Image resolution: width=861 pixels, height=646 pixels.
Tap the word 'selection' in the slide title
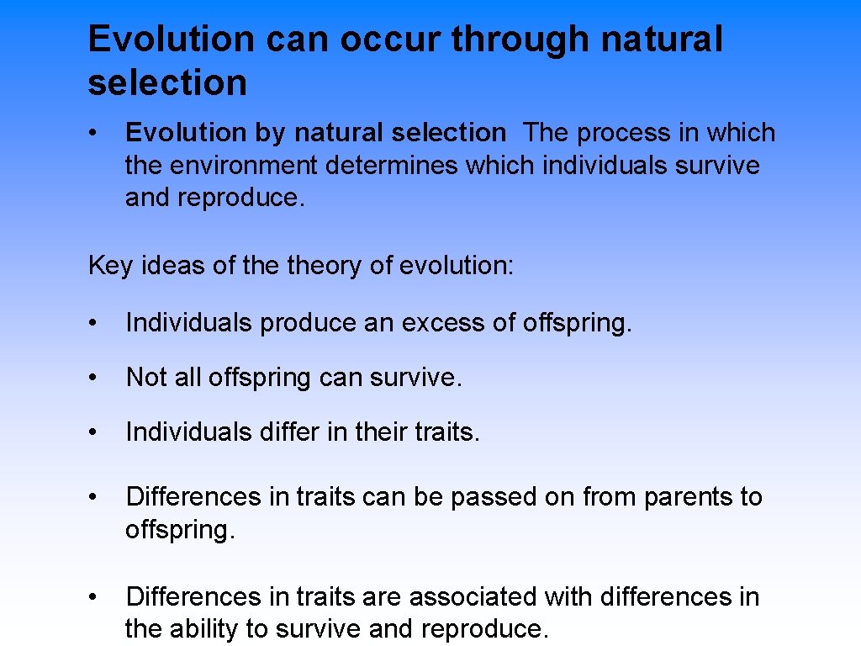pyautogui.click(x=167, y=83)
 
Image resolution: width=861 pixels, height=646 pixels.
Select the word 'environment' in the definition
pyautogui.click(x=246, y=166)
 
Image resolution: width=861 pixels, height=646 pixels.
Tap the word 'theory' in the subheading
pyautogui.click(x=323, y=266)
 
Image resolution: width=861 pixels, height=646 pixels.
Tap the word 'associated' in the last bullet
pyautogui.click(x=473, y=597)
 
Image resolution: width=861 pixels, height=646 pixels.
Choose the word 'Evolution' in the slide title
pyautogui.click(x=171, y=40)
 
